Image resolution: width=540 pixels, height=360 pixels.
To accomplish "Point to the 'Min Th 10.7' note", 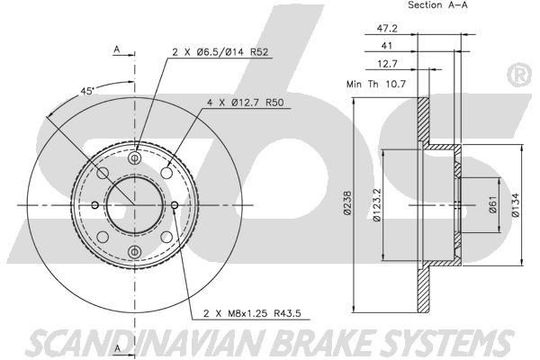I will (375, 84).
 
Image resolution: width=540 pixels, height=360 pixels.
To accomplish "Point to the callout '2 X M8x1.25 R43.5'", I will (253, 314).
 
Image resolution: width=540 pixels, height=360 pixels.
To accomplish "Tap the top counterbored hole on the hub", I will (134, 158).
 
